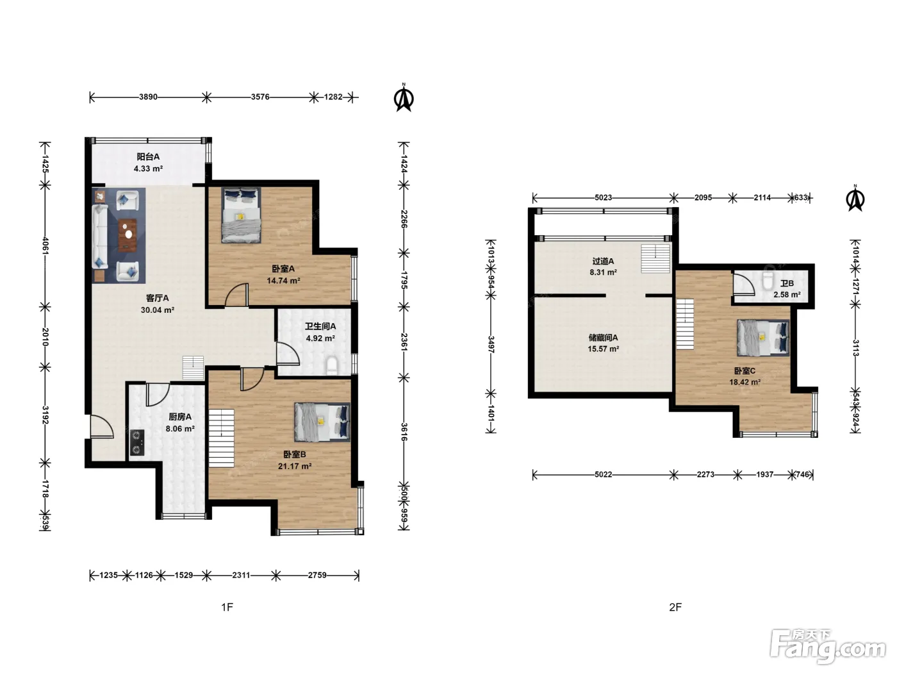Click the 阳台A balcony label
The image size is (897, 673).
[x=148, y=156]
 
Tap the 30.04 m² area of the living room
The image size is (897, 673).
[x=158, y=310]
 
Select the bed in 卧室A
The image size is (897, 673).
[x=241, y=215]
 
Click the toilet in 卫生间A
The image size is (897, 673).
[x=332, y=366]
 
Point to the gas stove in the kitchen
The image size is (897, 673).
[x=137, y=442]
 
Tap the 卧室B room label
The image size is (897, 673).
[x=294, y=454]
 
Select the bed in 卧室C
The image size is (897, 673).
[x=763, y=338]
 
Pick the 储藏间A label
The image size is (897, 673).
[x=603, y=338]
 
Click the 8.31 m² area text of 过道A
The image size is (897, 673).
[x=603, y=272]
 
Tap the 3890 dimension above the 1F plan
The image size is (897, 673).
[x=148, y=97]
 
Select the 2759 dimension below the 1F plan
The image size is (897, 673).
[x=317, y=575]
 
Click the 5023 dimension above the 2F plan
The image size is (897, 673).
[x=603, y=198]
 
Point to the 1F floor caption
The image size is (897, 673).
[x=227, y=607]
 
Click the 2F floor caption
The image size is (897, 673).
[x=675, y=607]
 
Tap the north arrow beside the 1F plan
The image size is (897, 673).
[x=404, y=97]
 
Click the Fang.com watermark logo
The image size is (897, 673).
[x=828, y=648]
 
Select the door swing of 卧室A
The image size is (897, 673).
[x=236, y=295]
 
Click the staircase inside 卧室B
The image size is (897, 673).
[x=222, y=438]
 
